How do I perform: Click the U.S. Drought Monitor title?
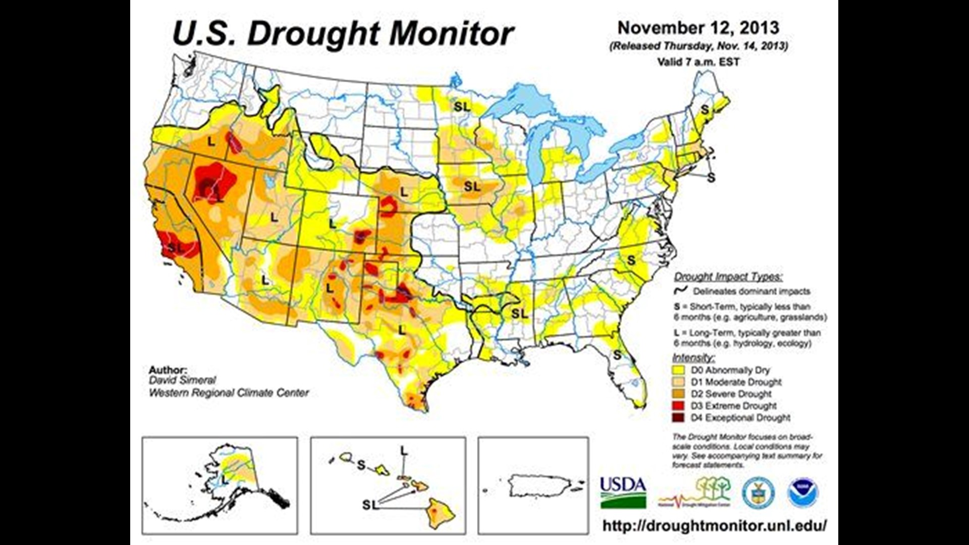click(x=343, y=34)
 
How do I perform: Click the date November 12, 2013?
click(x=698, y=28)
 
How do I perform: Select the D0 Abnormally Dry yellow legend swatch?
click(x=679, y=370)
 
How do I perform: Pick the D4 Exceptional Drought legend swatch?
click(x=679, y=418)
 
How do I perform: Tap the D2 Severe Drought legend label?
click(x=731, y=394)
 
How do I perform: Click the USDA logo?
click(x=623, y=493)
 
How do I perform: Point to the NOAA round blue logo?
click(x=803, y=493)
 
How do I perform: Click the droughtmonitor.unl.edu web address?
click(x=715, y=525)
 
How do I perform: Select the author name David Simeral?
click(x=182, y=380)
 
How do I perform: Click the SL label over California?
click(x=176, y=248)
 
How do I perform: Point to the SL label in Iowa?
click(x=472, y=187)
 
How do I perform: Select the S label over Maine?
click(x=705, y=110)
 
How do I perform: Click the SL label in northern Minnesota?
click(x=462, y=106)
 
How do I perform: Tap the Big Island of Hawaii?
click(x=441, y=513)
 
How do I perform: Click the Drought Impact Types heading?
click(x=728, y=277)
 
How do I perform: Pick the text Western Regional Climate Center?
click(x=229, y=393)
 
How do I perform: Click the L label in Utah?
click(x=274, y=217)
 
